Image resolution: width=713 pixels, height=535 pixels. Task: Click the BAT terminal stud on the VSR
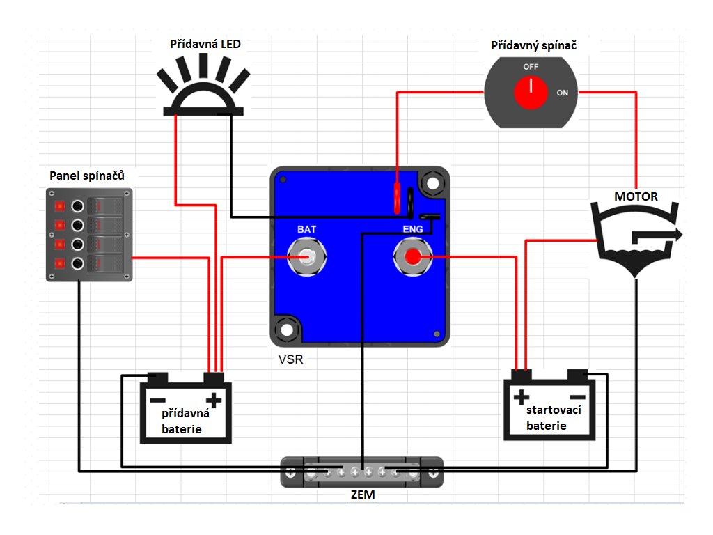(x=307, y=257)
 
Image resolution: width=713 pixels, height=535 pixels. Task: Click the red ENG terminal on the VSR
(x=412, y=257)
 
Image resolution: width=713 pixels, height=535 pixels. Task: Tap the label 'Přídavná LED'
(x=205, y=44)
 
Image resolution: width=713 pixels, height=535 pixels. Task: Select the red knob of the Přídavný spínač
(x=531, y=93)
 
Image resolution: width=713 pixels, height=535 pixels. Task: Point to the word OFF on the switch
(x=531, y=67)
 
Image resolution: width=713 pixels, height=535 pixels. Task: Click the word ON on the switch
(x=563, y=93)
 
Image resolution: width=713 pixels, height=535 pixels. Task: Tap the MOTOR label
(x=636, y=196)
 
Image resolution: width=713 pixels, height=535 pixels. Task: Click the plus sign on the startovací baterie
(x=522, y=397)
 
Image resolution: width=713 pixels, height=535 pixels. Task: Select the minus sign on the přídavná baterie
(x=158, y=401)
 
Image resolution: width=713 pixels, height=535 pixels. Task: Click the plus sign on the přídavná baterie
(x=214, y=401)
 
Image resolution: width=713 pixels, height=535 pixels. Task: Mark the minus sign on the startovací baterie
(x=577, y=397)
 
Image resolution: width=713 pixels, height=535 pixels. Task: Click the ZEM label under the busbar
(x=362, y=495)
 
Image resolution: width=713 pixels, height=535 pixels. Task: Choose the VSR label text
(x=290, y=359)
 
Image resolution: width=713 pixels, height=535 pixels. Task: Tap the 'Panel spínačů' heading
(x=87, y=176)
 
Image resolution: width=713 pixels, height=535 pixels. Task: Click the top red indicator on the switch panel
(x=60, y=206)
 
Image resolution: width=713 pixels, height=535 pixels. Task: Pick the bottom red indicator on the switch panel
(x=60, y=263)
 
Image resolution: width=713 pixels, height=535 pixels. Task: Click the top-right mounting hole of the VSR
(x=432, y=183)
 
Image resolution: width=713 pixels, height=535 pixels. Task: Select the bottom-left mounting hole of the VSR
(x=286, y=329)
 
